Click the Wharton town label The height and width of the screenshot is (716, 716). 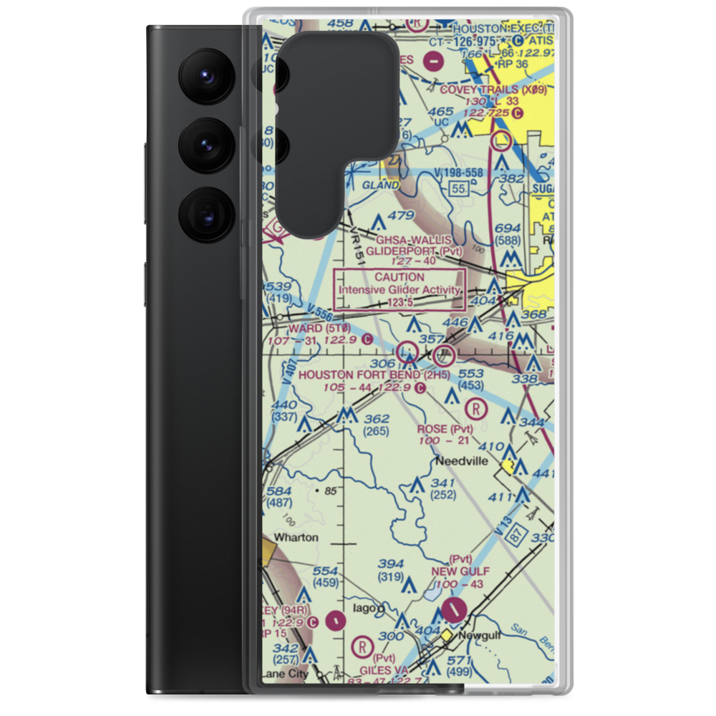(294, 537)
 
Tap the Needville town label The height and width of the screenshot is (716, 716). (463, 461)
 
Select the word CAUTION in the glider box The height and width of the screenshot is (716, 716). (400, 277)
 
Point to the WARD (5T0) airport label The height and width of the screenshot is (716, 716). (310, 328)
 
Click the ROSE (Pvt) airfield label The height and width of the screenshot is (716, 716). (445, 429)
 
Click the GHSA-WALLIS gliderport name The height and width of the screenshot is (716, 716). (410, 239)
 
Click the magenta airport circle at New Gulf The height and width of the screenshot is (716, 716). (454, 610)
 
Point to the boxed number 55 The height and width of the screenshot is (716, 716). (459, 188)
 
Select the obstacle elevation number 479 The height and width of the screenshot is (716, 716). (401, 215)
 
